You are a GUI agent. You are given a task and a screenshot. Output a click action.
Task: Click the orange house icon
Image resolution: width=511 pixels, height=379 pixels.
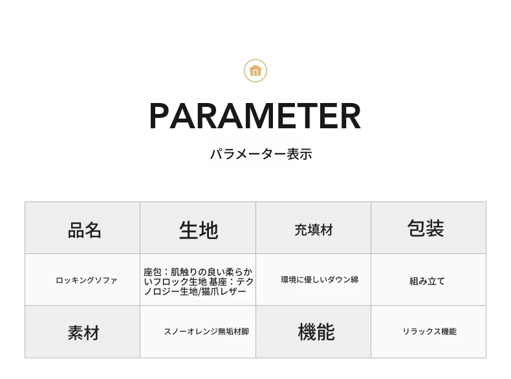[255, 71]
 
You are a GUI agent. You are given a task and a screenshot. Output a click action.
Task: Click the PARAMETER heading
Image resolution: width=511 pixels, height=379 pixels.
[255, 116]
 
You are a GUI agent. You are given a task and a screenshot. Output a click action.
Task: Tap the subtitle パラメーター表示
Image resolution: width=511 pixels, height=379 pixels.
[261, 154]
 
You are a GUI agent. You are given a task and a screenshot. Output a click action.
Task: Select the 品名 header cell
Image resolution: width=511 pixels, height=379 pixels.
[82, 227]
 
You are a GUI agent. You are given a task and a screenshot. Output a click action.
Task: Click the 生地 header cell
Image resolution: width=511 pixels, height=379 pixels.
[198, 227]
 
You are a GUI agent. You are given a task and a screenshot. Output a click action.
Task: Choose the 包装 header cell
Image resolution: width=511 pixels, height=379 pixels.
[429, 227]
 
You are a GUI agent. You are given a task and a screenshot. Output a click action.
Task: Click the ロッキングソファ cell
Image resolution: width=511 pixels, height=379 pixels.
[82, 280]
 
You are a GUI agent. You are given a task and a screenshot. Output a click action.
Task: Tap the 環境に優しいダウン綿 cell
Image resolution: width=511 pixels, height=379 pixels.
[314, 280]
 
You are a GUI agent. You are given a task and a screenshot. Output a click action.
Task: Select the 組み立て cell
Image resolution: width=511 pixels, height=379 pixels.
[429, 280]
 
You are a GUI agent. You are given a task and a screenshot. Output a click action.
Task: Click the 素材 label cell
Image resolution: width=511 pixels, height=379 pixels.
[82, 332]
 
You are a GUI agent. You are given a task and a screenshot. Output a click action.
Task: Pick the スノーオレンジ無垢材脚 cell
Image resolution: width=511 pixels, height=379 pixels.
[198, 332]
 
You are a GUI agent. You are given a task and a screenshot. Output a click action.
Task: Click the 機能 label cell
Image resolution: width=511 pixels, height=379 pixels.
[314, 332]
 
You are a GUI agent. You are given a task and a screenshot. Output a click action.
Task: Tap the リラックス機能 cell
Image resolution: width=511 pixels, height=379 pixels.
[429, 332]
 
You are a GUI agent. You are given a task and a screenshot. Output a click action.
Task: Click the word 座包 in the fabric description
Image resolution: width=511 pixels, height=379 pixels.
[153, 272]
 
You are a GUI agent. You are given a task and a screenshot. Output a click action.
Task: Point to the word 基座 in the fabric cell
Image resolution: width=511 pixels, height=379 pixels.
[218, 281]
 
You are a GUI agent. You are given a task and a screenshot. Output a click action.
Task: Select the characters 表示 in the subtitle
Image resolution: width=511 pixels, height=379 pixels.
[299, 154]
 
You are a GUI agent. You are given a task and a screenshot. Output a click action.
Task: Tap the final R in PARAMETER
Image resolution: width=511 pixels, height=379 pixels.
[351, 116]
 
